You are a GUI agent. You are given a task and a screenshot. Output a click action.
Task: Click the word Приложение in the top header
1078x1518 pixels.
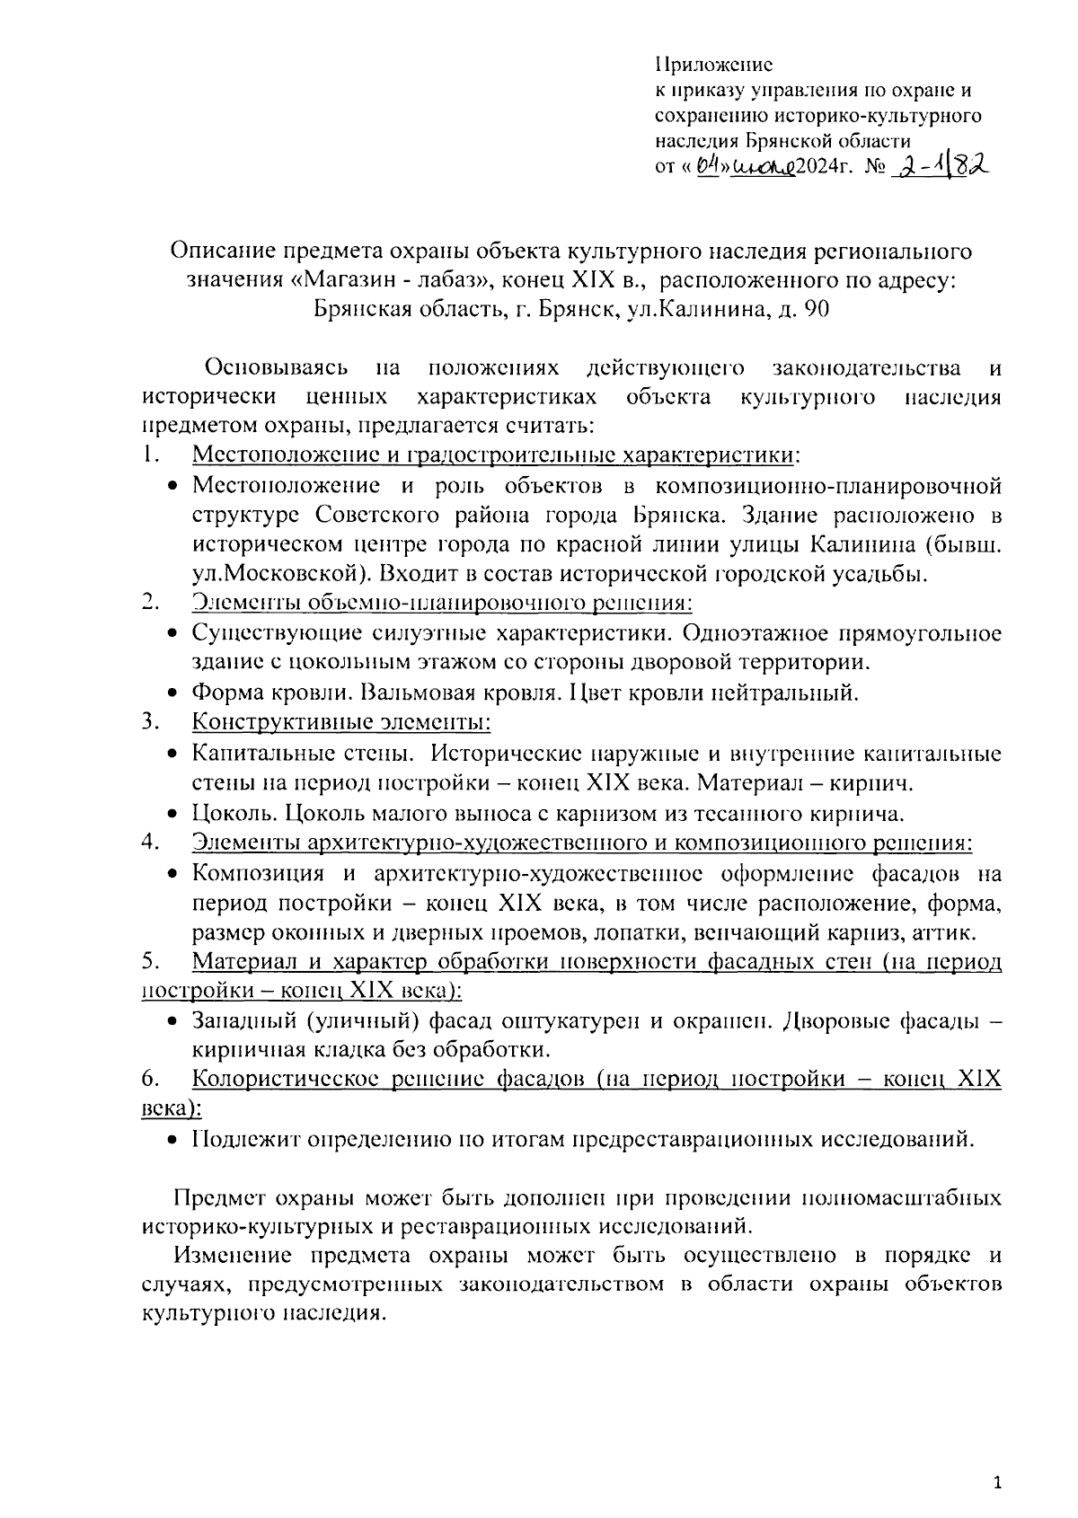pos(714,65)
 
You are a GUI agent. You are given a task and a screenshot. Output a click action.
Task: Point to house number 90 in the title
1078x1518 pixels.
pos(817,310)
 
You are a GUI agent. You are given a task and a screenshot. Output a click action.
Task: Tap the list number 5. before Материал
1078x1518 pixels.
pos(151,962)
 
